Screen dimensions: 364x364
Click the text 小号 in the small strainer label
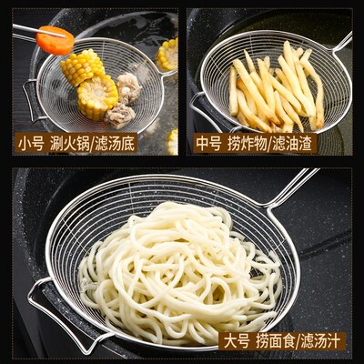(30, 143)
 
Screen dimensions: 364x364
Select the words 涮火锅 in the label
(68, 143)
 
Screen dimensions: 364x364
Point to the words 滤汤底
(116, 143)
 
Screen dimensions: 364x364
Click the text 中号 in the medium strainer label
(209, 143)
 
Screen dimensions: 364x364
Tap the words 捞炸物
(248, 143)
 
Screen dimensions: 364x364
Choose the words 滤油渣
(294, 143)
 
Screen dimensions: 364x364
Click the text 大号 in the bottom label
(238, 341)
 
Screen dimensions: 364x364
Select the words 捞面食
(276, 341)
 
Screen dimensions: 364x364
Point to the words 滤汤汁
(321, 341)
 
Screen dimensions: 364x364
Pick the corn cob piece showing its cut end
(96, 96)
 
